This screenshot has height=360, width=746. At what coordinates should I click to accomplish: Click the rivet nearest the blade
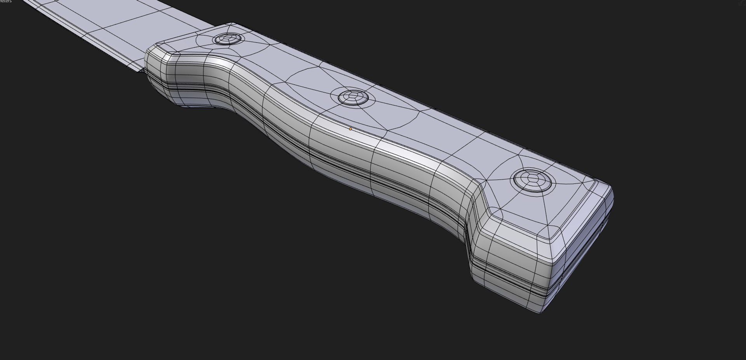click(x=228, y=39)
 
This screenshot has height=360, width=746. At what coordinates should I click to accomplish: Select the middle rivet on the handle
click(x=353, y=96)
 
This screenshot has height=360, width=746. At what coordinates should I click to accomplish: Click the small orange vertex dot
click(x=350, y=129)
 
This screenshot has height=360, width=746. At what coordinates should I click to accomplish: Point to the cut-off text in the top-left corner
click(x=5, y=2)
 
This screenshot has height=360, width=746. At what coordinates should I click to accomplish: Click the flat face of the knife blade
click(x=128, y=23)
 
